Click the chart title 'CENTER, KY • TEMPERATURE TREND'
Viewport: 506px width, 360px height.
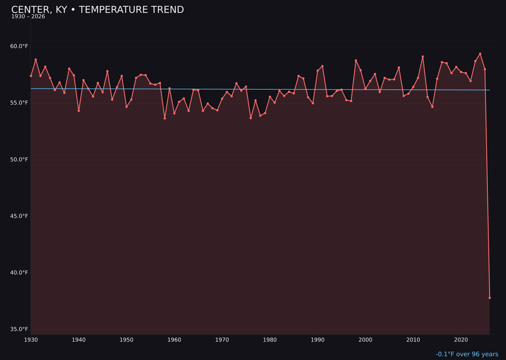tap(97, 10)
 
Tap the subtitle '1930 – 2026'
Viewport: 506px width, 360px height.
tap(28, 17)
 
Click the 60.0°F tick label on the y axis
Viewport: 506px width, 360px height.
tap(19, 46)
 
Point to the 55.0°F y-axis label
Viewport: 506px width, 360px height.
tap(19, 103)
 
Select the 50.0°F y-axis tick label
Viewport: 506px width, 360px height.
tap(19, 159)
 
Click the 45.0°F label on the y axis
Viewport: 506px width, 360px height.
tap(19, 216)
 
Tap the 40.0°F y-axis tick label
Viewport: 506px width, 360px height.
tap(19, 272)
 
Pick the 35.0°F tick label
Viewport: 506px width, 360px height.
tap(19, 329)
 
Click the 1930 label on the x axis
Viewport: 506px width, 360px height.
tap(31, 340)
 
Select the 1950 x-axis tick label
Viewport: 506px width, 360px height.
tap(126, 340)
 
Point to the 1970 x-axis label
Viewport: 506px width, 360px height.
tap(222, 340)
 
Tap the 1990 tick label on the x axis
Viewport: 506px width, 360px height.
tap(318, 340)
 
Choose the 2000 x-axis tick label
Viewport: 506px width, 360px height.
tap(365, 340)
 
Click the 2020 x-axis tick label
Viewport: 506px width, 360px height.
tap(461, 340)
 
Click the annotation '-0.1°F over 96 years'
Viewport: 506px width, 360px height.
tap(467, 354)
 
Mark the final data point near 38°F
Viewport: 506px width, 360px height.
tap(490, 298)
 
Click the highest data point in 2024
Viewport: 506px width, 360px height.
tap(480, 54)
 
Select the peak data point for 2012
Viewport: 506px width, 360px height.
tap(423, 57)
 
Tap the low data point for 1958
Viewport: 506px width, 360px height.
tap(164, 118)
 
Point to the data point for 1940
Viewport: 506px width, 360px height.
tap(79, 111)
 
